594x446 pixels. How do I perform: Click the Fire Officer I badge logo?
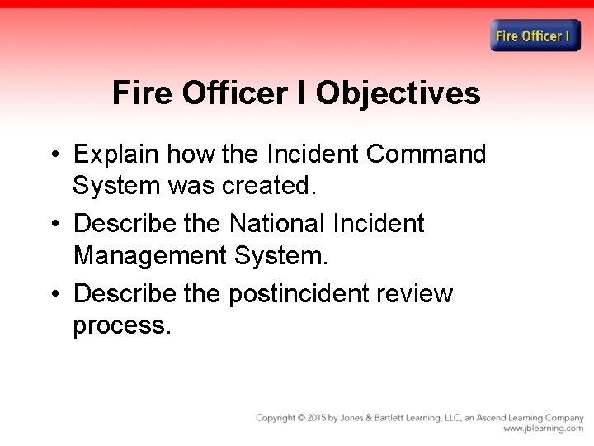(x=535, y=36)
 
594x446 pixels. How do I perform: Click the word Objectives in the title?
(x=398, y=93)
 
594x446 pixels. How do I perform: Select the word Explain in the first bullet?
(x=116, y=154)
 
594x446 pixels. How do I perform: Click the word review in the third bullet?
(x=422, y=293)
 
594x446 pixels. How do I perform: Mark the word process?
(x=121, y=325)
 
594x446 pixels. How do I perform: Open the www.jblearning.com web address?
(x=543, y=429)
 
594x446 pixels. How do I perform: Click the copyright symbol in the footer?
(x=301, y=418)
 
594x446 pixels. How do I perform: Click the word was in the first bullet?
(x=191, y=186)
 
